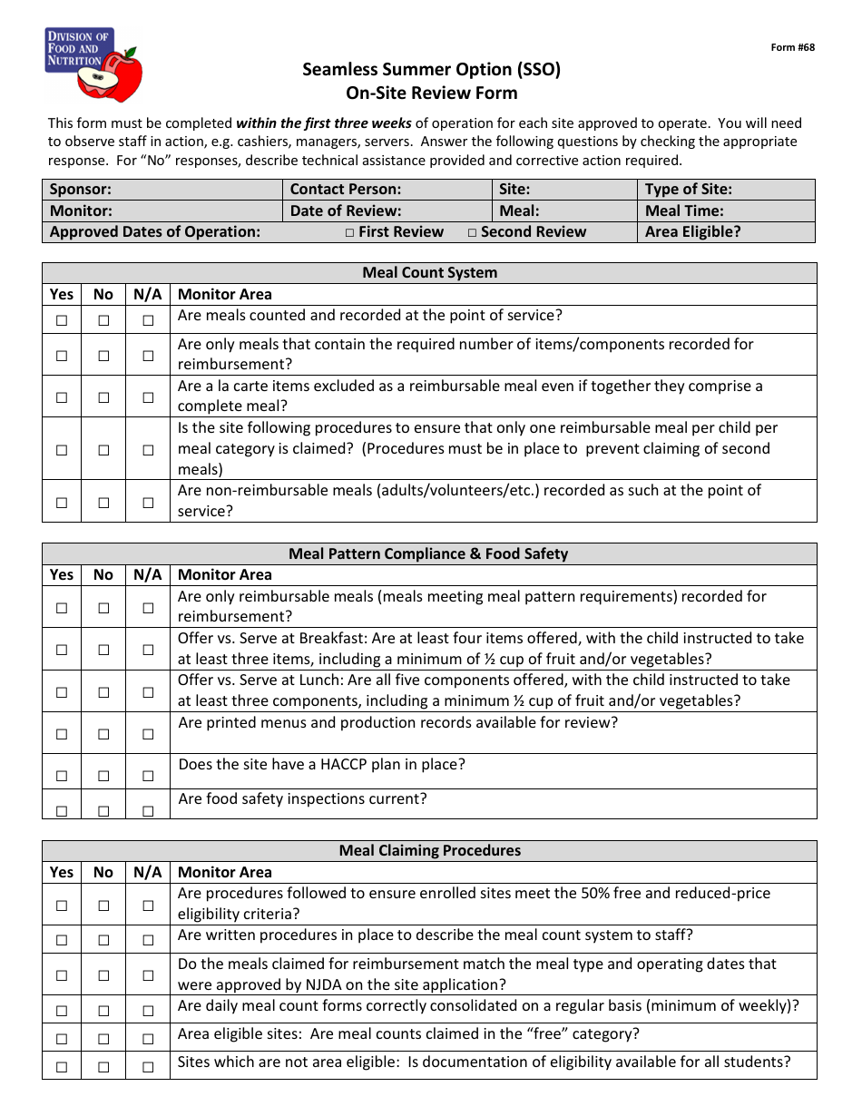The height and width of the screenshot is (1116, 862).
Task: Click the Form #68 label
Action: click(x=792, y=48)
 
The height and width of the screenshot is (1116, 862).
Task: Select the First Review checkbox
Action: click(x=350, y=233)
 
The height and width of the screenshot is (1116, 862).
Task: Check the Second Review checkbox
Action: click(x=473, y=233)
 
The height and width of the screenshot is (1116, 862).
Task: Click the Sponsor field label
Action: click(x=81, y=190)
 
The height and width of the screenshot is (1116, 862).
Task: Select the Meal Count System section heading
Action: click(x=429, y=272)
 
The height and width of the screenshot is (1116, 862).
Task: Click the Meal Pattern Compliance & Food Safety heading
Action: click(x=428, y=553)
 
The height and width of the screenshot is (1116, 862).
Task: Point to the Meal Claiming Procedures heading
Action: click(x=429, y=850)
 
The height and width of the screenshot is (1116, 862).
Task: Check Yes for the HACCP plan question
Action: click(x=62, y=776)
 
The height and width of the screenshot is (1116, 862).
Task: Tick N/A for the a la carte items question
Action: click(x=148, y=396)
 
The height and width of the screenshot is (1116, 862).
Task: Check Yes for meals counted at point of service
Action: click(x=62, y=320)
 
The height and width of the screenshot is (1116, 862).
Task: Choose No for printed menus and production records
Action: click(x=103, y=734)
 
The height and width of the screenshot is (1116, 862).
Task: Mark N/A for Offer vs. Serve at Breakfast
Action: click(x=148, y=650)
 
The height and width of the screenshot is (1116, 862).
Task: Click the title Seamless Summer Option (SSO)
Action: click(x=431, y=70)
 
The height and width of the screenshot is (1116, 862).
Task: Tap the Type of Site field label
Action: click(x=688, y=190)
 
